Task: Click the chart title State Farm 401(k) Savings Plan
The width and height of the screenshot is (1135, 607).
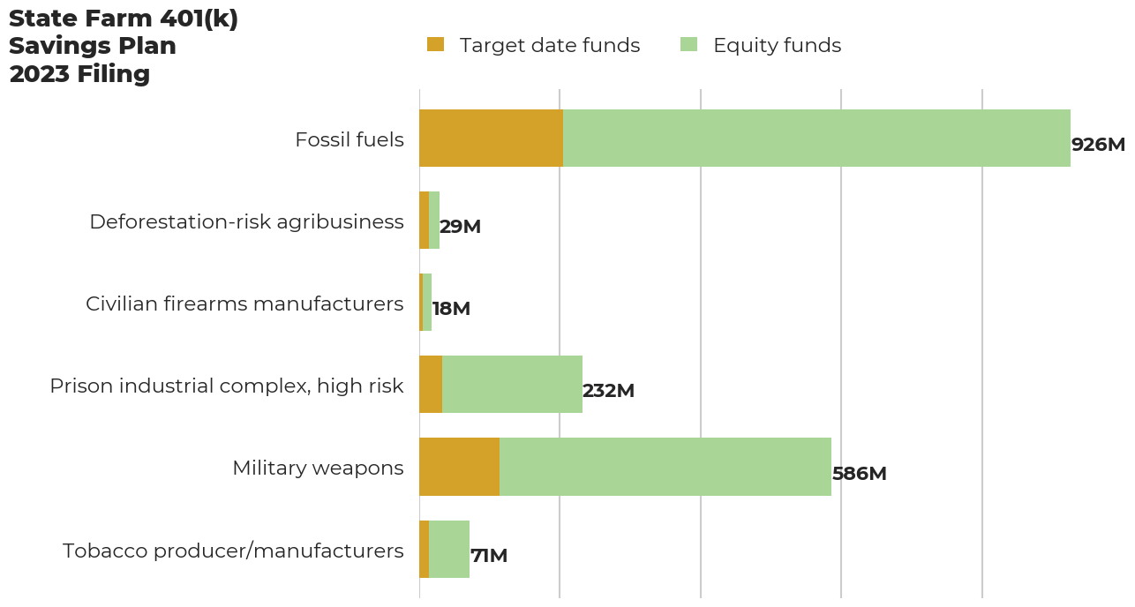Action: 124,46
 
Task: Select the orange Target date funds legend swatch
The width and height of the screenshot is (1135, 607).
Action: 435,45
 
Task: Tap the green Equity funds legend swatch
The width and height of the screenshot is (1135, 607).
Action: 688,45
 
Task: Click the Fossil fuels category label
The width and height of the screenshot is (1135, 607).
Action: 349,139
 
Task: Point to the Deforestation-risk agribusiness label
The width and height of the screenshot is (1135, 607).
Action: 246,221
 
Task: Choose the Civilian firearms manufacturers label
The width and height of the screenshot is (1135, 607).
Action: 244,303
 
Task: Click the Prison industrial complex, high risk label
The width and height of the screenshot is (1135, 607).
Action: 227,386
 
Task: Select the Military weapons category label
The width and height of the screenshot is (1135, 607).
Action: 318,468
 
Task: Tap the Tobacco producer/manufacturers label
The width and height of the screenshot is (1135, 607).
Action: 233,551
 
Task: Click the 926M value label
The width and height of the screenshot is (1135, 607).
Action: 1098,145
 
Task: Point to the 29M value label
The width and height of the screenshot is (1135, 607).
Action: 460,227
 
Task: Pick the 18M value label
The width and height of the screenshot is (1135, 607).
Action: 451,309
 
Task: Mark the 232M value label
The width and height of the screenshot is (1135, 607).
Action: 608,391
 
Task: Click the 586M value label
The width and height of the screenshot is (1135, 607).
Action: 859,474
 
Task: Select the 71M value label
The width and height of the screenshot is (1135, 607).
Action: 489,556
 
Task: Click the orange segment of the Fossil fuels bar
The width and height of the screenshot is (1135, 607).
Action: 491,139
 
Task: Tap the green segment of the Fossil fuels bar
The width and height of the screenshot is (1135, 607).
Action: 816,139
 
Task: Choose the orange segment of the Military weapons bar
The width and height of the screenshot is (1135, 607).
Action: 459,467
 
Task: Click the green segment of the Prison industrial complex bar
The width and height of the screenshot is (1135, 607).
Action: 512,385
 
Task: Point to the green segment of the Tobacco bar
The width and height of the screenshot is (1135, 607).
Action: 449,549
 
